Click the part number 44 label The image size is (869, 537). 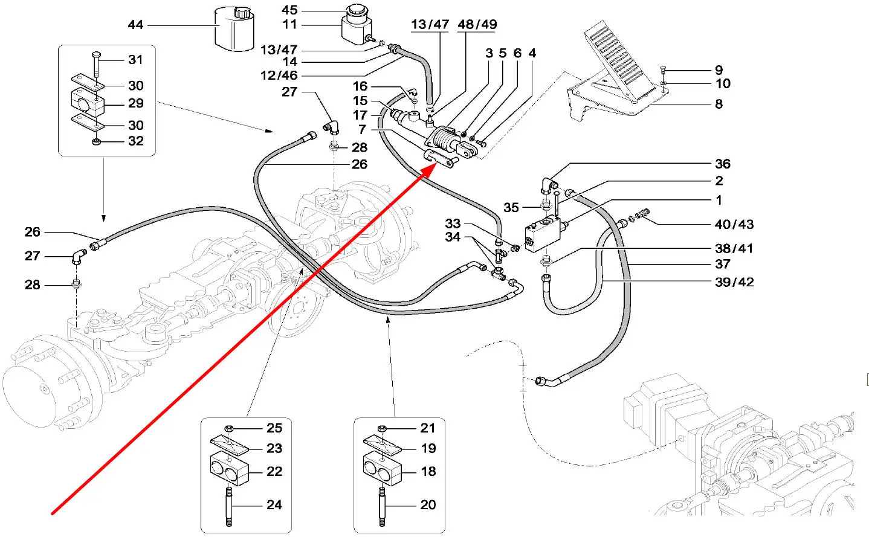point(135,25)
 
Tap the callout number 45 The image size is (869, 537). point(289,10)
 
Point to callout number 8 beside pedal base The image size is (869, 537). point(719,104)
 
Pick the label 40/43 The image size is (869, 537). point(734,224)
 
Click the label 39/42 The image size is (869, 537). point(734,282)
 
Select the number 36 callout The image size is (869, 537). point(722,164)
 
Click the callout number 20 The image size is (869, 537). point(428,504)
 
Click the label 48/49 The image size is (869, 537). point(477,25)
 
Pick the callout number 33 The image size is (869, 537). point(453,224)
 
